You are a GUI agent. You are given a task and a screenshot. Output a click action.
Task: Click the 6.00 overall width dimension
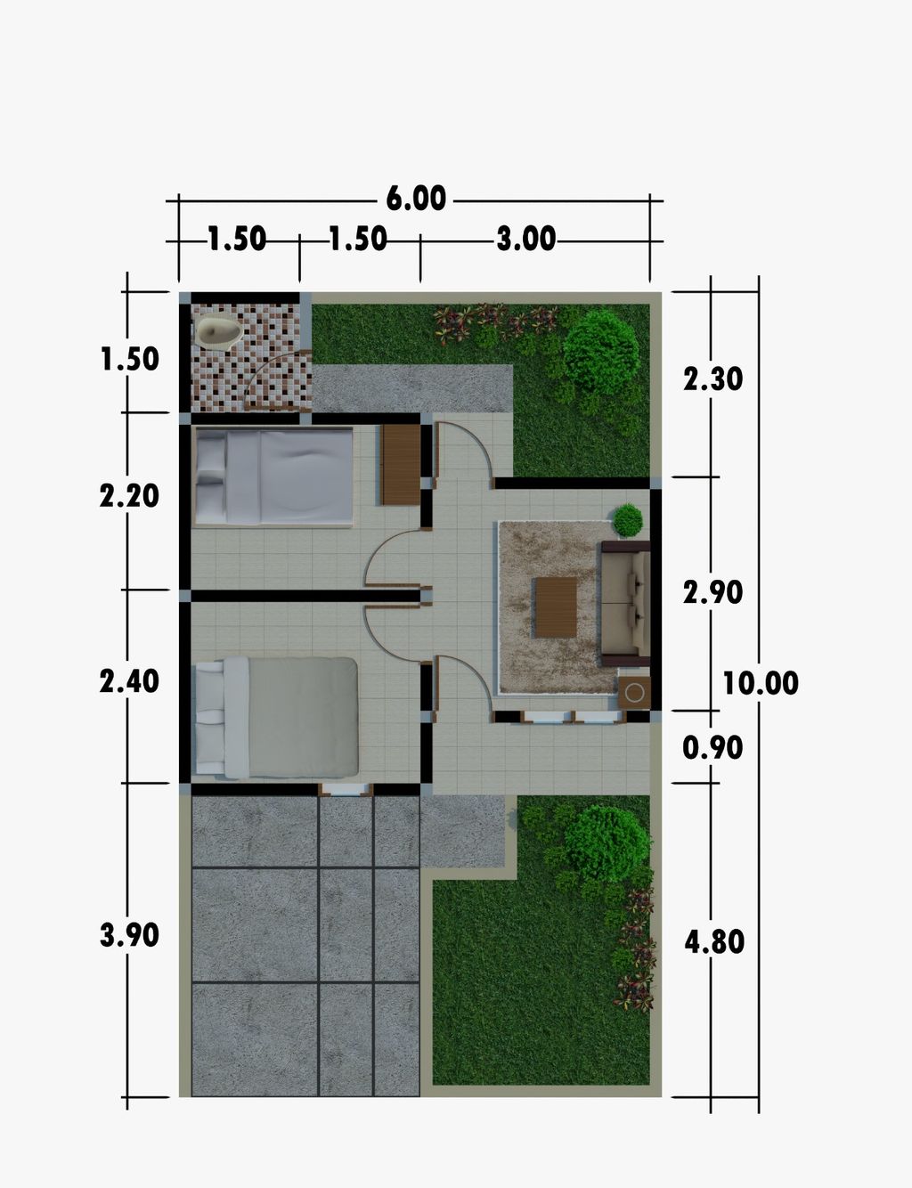pyautogui.click(x=416, y=198)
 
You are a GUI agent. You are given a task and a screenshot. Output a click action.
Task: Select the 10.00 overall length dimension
pyautogui.click(x=761, y=683)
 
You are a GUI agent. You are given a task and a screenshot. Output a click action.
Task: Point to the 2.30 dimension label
pyautogui.click(x=713, y=378)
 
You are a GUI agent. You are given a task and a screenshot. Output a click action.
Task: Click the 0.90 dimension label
pyautogui.click(x=713, y=747)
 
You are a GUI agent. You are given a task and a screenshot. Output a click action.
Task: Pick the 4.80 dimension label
pyautogui.click(x=714, y=941)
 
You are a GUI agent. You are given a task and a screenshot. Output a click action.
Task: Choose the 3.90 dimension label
pyautogui.click(x=129, y=934)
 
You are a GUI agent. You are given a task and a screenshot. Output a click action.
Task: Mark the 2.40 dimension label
pyautogui.click(x=129, y=682)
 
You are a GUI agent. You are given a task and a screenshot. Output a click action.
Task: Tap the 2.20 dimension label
pyautogui.click(x=129, y=496)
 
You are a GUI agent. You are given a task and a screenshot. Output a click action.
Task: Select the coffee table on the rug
pyautogui.click(x=556, y=606)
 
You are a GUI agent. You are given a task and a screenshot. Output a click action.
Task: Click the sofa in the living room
pyautogui.click(x=626, y=604)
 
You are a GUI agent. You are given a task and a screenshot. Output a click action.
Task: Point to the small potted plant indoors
pyautogui.click(x=628, y=520)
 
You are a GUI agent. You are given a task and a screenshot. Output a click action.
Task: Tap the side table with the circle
pyautogui.click(x=634, y=693)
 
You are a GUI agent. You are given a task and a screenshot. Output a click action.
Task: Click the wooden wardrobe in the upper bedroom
pyautogui.click(x=401, y=464)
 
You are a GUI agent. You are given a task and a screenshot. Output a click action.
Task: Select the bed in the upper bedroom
pyautogui.click(x=274, y=476)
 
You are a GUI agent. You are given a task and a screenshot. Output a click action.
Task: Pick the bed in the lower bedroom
pyautogui.click(x=277, y=717)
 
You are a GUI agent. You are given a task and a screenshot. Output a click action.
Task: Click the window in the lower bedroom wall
pyautogui.click(x=346, y=789)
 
